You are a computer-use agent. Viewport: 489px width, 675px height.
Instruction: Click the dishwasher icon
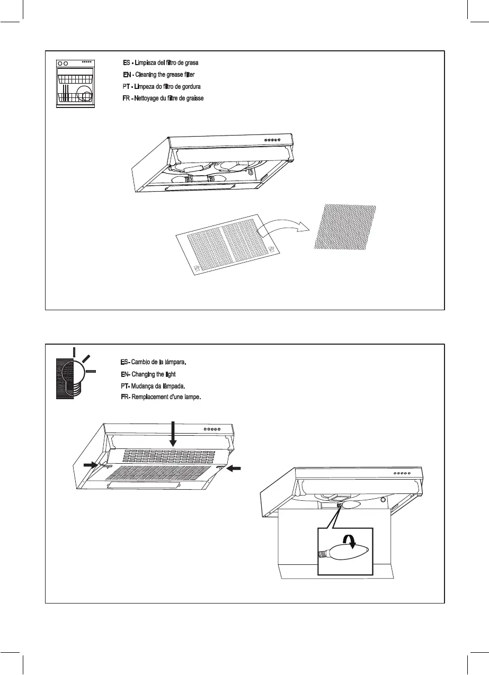pos(75,84)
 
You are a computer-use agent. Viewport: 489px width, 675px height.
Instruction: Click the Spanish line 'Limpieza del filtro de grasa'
pos(161,63)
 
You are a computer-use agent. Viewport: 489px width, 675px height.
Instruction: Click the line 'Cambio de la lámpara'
pos(154,363)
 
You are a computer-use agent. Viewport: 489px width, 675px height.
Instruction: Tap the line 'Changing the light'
pos(148,374)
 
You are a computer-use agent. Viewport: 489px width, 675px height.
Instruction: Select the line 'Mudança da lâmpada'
pos(152,386)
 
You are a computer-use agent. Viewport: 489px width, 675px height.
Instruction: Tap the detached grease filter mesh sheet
pos(345,227)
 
